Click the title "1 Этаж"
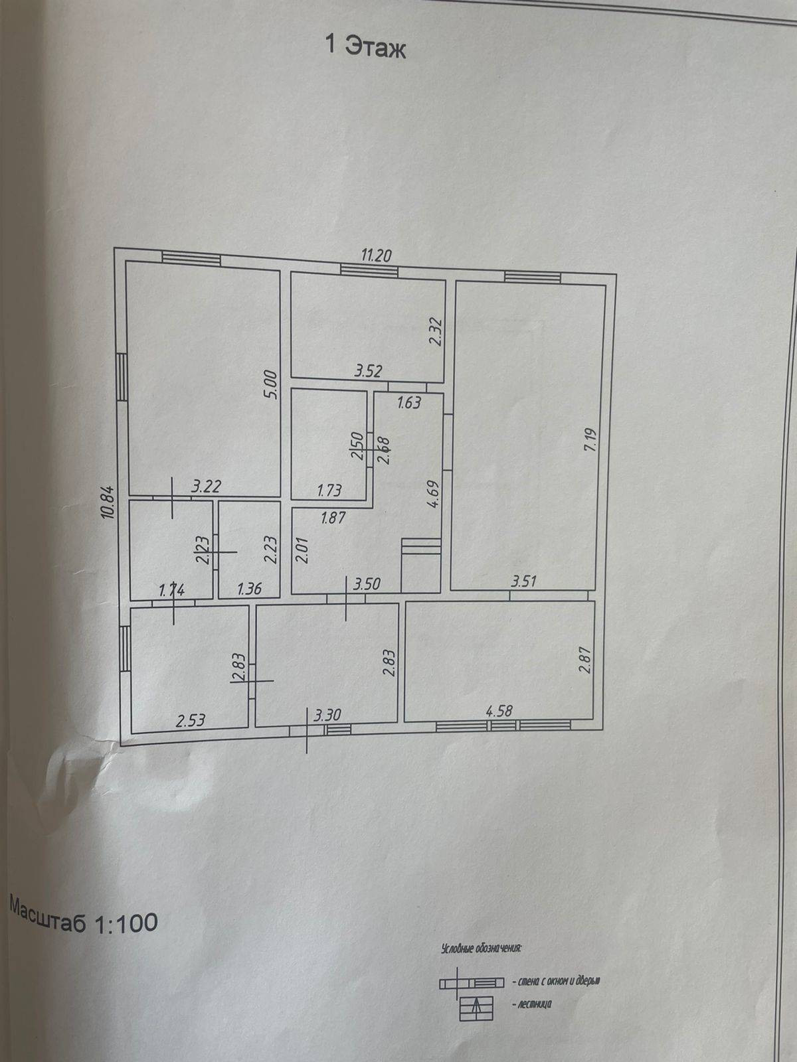[x=365, y=46]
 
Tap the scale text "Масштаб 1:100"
[x=83, y=916]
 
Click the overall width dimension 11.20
[x=376, y=254]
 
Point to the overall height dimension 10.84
[x=110, y=502]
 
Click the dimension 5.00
[x=269, y=384]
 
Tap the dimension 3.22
[x=206, y=487]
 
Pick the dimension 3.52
[x=368, y=371]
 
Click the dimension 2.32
[x=436, y=331]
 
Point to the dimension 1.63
[x=409, y=402]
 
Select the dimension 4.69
[x=432, y=494]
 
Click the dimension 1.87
[x=333, y=518]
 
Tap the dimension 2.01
[x=302, y=551]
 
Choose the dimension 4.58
[x=499, y=711]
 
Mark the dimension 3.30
[x=327, y=716]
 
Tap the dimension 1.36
[x=249, y=589]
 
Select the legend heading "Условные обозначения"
[x=482, y=948]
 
